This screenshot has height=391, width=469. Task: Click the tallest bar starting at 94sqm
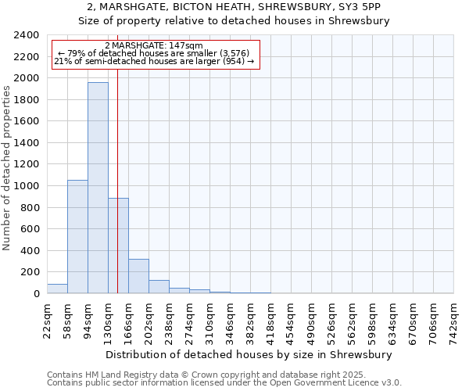coord(98,188)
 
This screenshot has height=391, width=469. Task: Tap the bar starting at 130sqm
coord(118,246)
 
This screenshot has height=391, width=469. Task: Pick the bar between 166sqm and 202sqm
coord(138,276)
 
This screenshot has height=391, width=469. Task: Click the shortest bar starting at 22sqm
coord(57,289)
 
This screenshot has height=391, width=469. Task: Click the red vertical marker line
coord(117,156)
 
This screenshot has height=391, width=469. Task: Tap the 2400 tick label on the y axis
coord(27,36)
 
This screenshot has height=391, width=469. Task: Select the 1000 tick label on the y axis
coord(27,186)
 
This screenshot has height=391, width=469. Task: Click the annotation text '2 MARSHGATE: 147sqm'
coord(153,46)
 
